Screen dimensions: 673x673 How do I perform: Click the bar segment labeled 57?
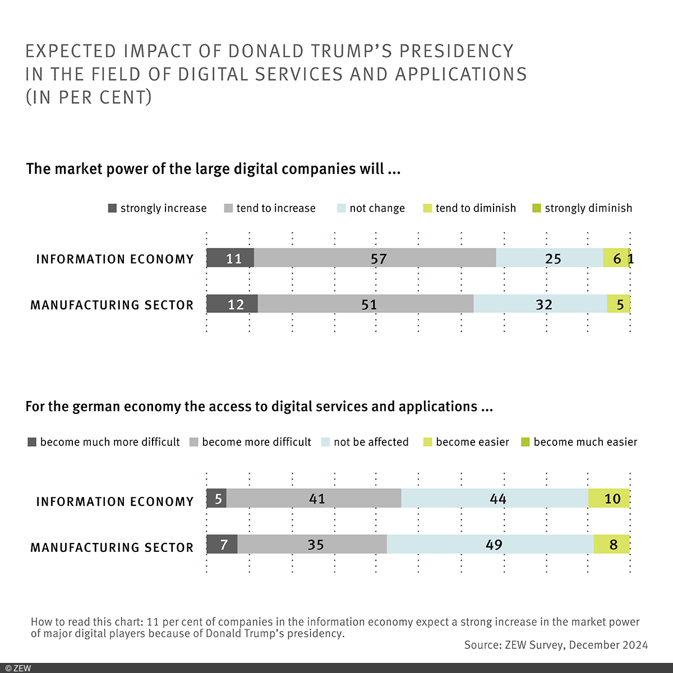375,258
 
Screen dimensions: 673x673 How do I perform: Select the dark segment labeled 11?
230,258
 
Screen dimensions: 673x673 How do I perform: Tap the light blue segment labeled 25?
549,258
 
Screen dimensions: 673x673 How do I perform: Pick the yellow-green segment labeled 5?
618,304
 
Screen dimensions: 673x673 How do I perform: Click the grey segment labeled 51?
366,304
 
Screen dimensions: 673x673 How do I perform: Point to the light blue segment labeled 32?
540,304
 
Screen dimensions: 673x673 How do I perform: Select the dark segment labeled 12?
232,304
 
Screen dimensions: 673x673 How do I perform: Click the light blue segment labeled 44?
495,498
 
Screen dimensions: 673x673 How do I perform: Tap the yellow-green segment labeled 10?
609,498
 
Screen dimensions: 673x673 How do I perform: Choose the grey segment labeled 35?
312,544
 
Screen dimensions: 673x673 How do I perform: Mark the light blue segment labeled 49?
490,544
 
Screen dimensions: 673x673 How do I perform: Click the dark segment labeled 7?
222,544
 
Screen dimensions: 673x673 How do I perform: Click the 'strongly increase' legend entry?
157,208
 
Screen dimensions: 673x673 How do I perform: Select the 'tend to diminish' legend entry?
469,208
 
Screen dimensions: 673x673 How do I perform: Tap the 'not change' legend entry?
371,208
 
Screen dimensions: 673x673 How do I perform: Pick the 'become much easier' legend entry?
579,442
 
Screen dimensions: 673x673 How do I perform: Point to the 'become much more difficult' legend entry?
104,442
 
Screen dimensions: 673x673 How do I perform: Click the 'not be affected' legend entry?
365,442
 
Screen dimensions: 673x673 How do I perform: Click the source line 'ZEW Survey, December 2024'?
556,645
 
